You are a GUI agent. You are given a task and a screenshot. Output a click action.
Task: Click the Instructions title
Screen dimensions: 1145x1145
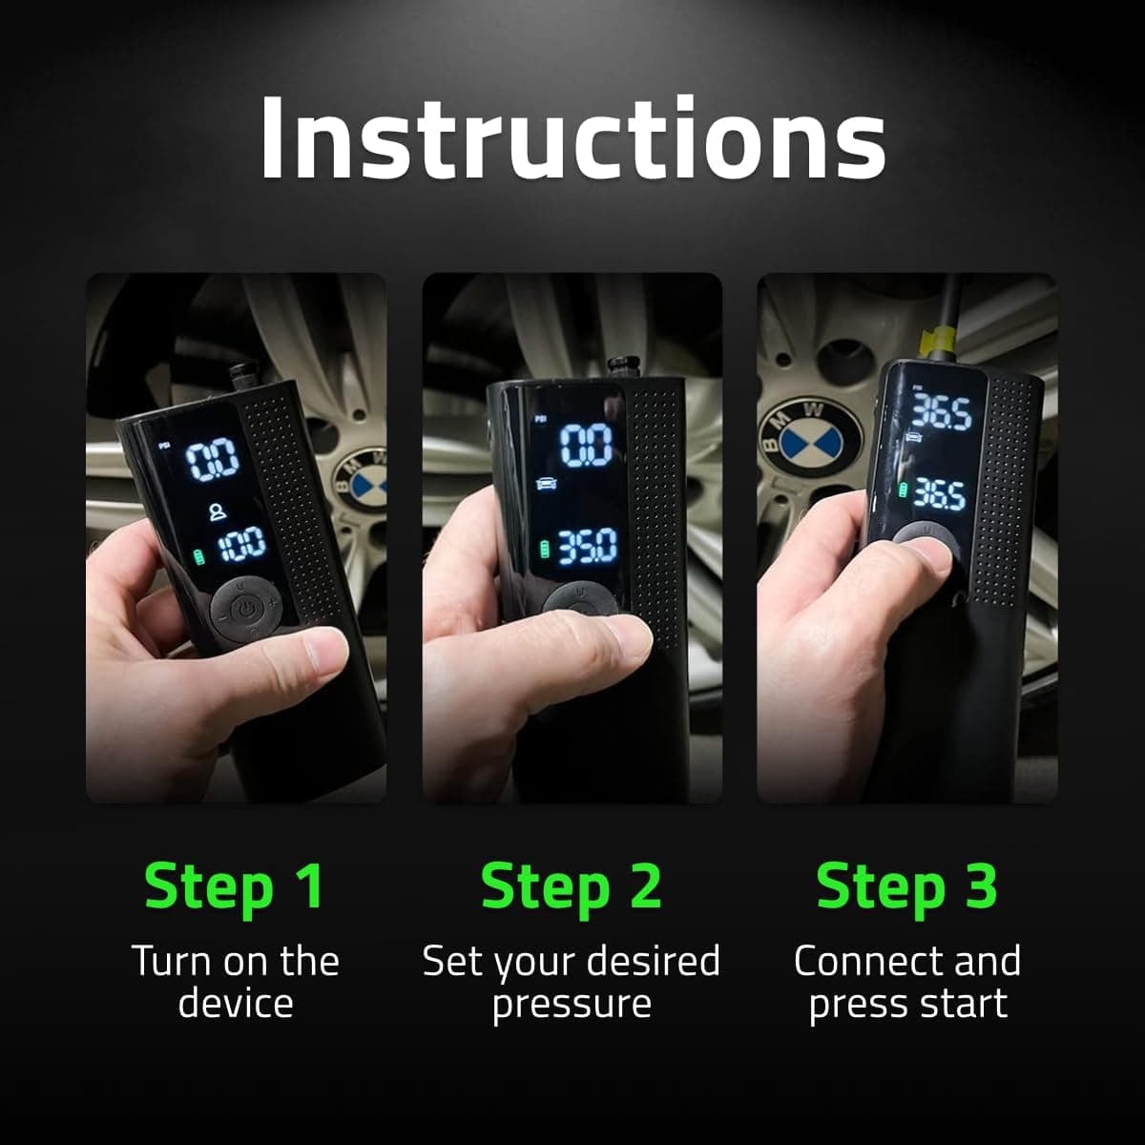tap(572, 138)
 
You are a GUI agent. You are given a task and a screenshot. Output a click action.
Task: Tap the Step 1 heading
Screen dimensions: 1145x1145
tap(235, 886)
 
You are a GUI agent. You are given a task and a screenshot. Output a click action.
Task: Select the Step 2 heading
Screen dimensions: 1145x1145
tap(571, 886)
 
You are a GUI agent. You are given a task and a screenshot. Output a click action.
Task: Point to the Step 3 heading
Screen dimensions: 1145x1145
tap(906, 886)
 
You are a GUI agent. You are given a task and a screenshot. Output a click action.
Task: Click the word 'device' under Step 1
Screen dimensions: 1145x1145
tap(235, 1004)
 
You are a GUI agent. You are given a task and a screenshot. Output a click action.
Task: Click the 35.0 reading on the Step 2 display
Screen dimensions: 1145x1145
tap(587, 548)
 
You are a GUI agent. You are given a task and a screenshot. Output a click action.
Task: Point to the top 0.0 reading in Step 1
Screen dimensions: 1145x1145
tap(212, 462)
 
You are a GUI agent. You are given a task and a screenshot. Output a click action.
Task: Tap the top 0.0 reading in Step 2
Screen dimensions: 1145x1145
tap(585, 446)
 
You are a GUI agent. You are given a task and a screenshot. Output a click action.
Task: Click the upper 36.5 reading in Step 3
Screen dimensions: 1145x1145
tap(940, 413)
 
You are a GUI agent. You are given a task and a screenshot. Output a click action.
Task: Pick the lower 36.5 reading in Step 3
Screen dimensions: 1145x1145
tap(939, 494)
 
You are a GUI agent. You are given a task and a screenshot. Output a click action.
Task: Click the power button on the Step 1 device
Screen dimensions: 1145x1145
tap(246, 608)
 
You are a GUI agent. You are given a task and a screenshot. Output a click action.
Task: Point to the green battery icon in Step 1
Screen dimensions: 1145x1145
tap(199, 554)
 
